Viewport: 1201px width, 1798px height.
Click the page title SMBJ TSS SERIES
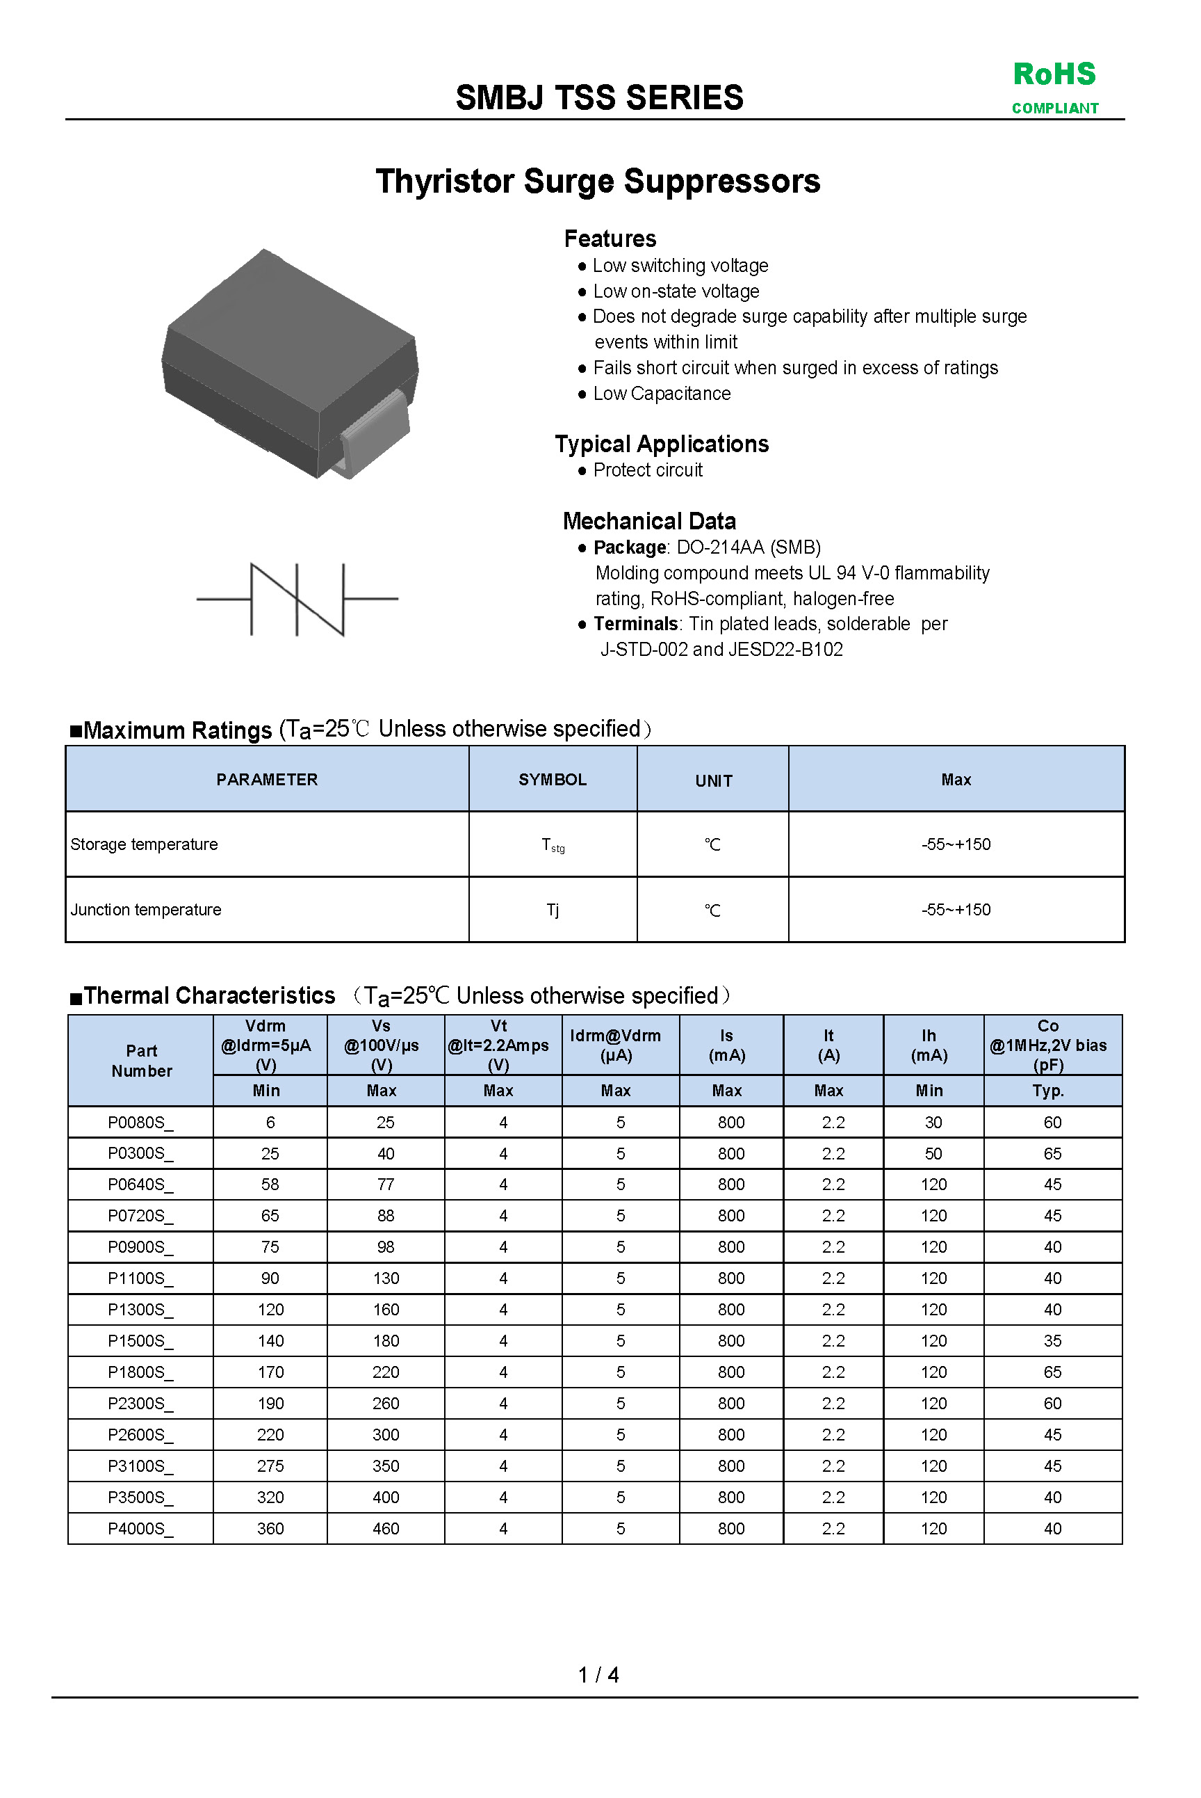point(599,98)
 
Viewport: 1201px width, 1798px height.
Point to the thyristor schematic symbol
point(297,600)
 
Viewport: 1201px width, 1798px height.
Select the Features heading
point(610,239)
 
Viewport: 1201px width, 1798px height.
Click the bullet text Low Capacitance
point(662,394)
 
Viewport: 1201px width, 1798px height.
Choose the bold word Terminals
point(635,624)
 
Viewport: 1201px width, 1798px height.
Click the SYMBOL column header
point(553,780)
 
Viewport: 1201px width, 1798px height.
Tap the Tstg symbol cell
point(553,845)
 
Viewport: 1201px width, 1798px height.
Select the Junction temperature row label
point(145,910)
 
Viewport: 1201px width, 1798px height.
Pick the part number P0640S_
point(140,1185)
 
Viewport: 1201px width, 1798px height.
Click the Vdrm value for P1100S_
point(270,1278)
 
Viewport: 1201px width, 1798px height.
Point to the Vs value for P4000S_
point(385,1529)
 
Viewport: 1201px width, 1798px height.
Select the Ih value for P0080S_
point(933,1123)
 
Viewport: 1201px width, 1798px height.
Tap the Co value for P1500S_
point(1052,1341)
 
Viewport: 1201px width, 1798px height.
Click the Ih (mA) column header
point(929,1045)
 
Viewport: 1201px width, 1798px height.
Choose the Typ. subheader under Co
point(1048,1091)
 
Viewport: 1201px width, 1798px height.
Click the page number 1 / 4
point(598,1676)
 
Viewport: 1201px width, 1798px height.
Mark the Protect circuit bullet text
point(647,471)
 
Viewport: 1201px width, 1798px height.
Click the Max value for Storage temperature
point(956,844)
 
